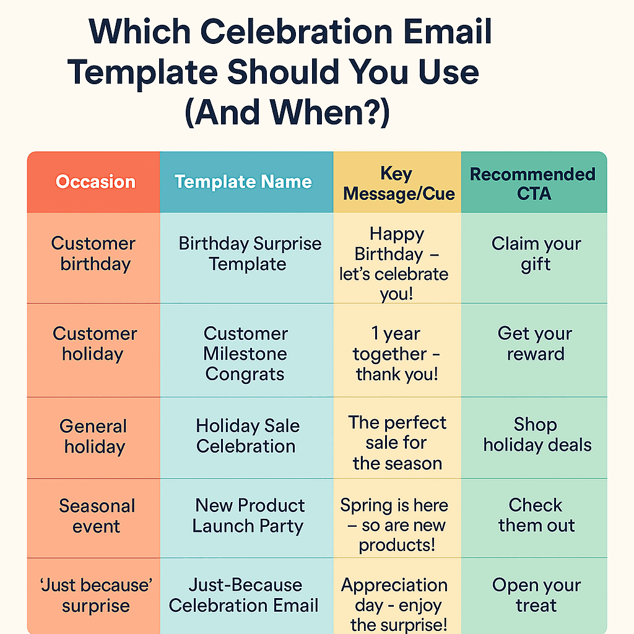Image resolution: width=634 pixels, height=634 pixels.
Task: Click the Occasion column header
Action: point(95,181)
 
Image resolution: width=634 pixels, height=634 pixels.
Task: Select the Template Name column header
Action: point(243,181)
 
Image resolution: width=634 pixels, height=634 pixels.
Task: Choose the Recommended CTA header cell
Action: point(533,183)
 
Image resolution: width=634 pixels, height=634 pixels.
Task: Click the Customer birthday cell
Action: point(93,254)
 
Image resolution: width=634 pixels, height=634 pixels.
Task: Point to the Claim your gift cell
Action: point(536,254)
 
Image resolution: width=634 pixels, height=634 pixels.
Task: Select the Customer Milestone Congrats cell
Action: point(246,354)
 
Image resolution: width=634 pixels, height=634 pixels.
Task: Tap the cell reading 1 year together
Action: point(396,354)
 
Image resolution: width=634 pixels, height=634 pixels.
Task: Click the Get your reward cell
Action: point(535,344)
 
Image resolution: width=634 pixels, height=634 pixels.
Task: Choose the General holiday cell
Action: point(93,436)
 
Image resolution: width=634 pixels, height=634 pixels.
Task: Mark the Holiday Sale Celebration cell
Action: point(247,436)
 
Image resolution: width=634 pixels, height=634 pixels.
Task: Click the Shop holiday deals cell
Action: point(537,435)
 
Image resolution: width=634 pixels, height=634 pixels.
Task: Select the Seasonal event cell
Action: point(97,516)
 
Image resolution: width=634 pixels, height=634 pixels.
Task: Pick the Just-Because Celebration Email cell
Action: point(245,595)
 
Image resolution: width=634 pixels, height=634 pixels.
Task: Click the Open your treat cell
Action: point(536,595)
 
